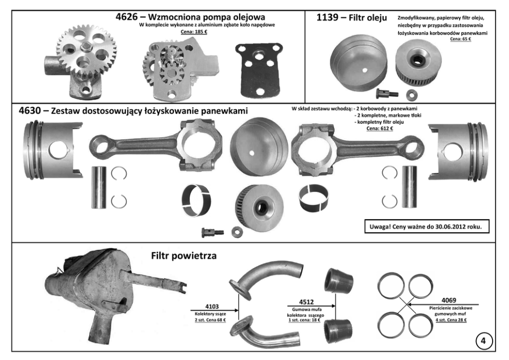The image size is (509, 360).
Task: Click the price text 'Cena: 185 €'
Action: point(194,32)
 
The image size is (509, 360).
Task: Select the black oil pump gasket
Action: point(259,70)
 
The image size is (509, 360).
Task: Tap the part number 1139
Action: point(327,17)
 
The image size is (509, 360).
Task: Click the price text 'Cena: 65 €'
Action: point(460,39)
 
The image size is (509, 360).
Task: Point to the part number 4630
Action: point(30,111)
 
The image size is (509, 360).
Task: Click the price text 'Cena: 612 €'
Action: point(380,128)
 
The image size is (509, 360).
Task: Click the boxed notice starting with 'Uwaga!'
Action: point(426,226)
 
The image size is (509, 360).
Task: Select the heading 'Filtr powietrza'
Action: point(184,256)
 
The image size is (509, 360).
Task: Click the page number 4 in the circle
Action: point(484,341)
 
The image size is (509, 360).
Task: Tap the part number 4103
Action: point(212,307)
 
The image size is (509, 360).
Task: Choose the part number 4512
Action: point(306,302)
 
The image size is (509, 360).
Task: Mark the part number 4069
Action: point(448,300)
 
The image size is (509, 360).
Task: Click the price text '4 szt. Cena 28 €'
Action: point(451,320)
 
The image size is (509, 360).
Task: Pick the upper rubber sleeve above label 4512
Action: point(339,280)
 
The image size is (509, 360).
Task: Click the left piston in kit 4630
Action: point(53,150)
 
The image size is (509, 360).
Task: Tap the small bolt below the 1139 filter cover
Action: point(386,93)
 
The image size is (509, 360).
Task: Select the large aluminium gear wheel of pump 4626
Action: point(87,52)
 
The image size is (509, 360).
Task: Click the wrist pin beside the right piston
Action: point(409,187)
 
